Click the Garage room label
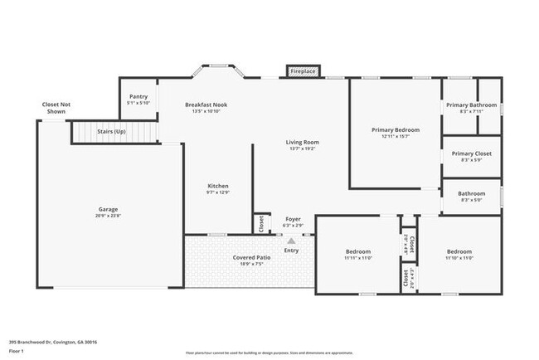pyautogui.click(x=108, y=210)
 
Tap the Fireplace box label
pyautogui.click(x=302, y=72)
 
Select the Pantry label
pyautogui.click(x=138, y=97)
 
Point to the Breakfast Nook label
pyautogui.click(x=206, y=105)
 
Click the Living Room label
pyautogui.click(x=303, y=142)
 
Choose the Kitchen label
pyautogui.click(x=217, y=186)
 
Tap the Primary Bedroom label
pyautogui.click(x=395, y=129)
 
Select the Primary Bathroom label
pyautogui.click(x=471, y=105)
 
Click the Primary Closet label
pyautogui.click(x=471, y=153)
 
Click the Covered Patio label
pyautogui.click(x=250, y=257)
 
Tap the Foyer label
pyautogui.click(x=293, y=218)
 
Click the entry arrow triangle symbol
pyautogui.click(x=291, y=241)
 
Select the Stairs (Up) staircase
pyautogui.click(x=113, y=132)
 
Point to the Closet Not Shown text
pyautogui.click(x=55, y=108)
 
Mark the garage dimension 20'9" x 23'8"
pyautogui.click(x=108, y=216)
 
